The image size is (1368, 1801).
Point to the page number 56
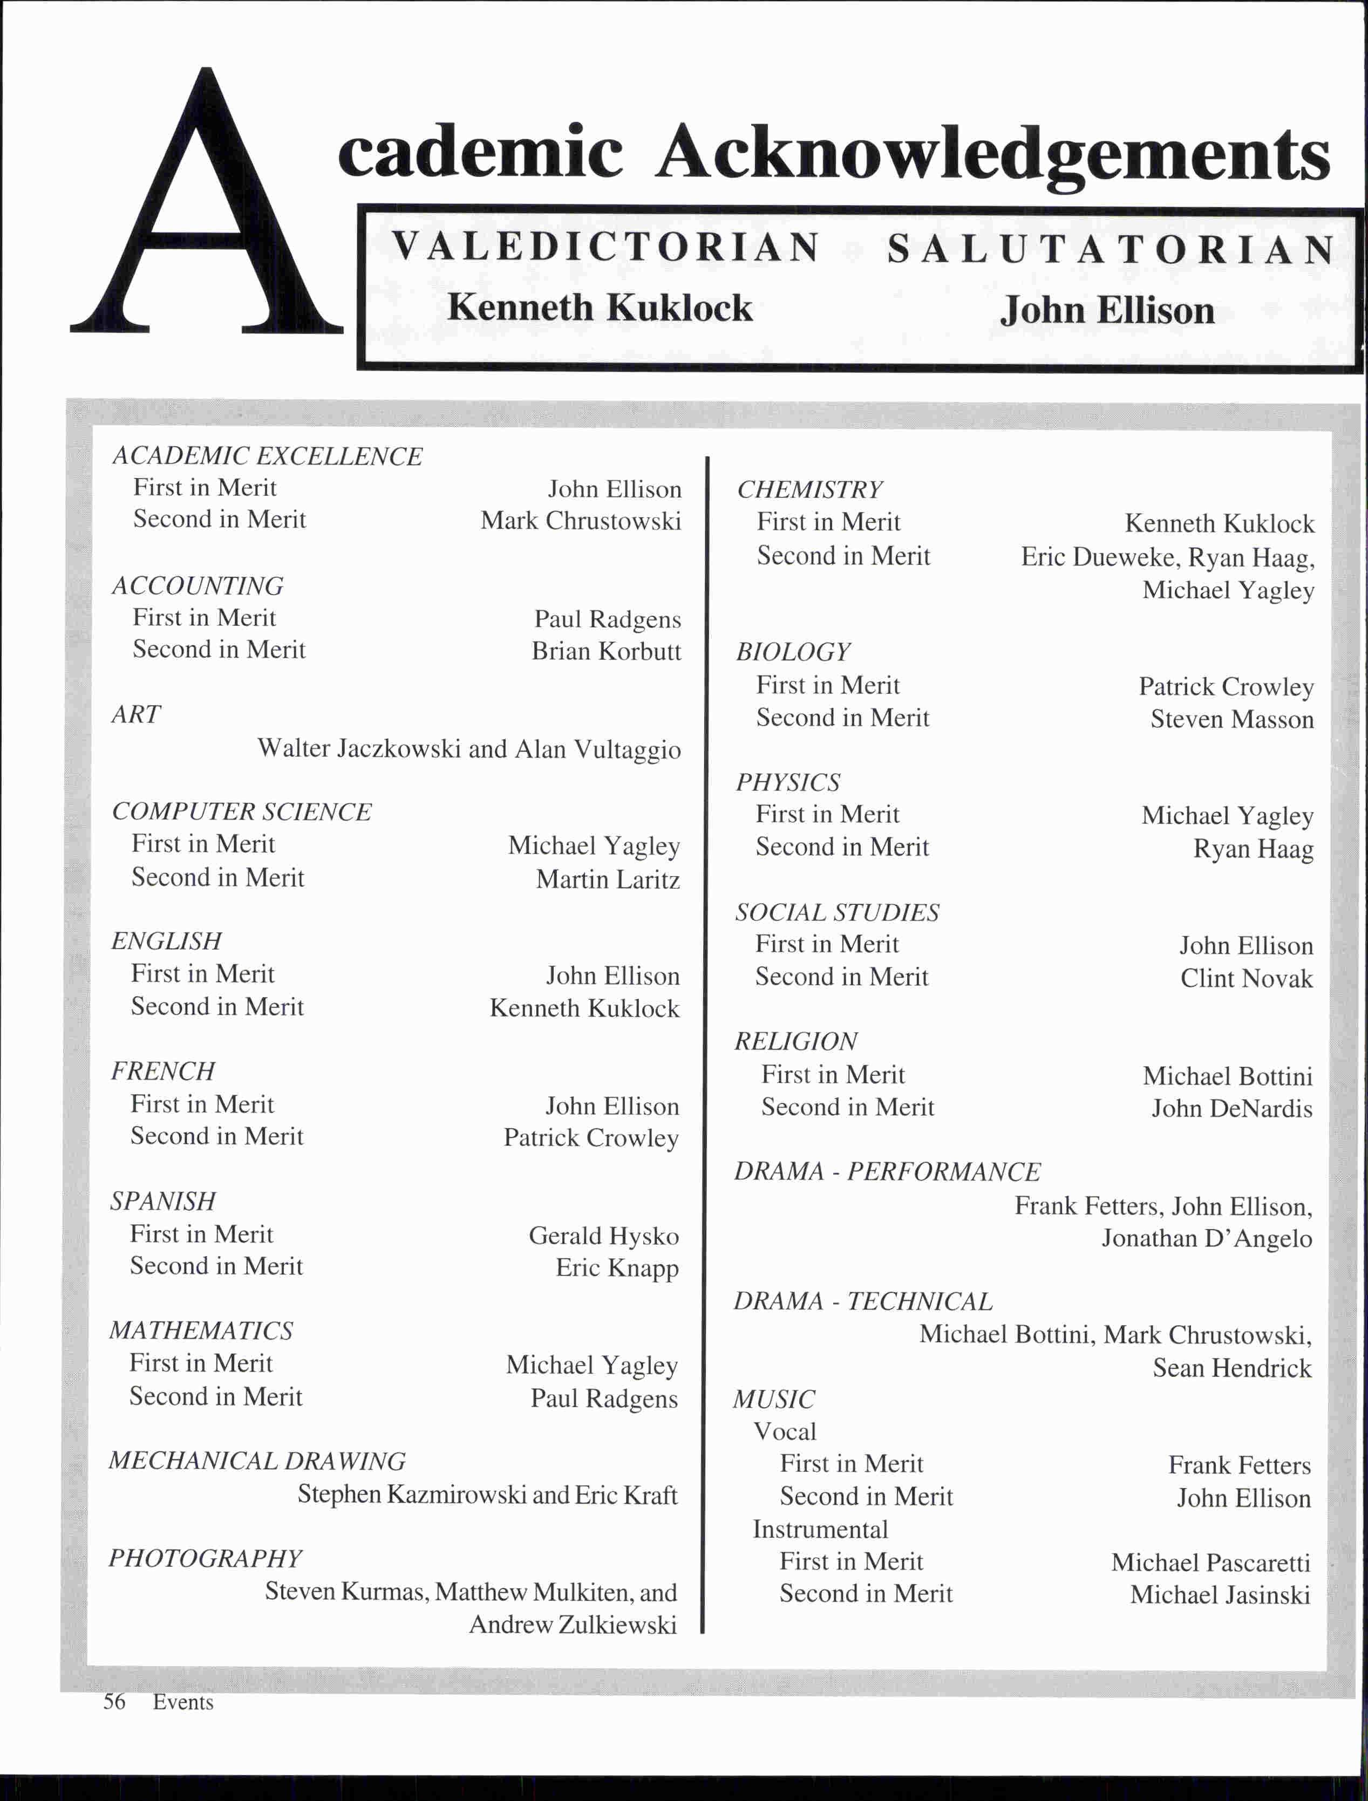(114, 1702)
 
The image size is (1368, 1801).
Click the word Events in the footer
(183, 1702)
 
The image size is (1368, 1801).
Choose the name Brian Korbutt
(606, 651)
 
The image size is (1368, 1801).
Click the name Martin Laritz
(608, 879)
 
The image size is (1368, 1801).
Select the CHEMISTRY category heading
(809, 489)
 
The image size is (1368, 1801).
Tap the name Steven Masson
(1231, 720)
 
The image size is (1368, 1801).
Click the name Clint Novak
(1246, 979)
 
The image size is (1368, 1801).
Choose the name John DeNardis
(1231, 1109)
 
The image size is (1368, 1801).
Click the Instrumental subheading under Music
(820, 1529)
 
